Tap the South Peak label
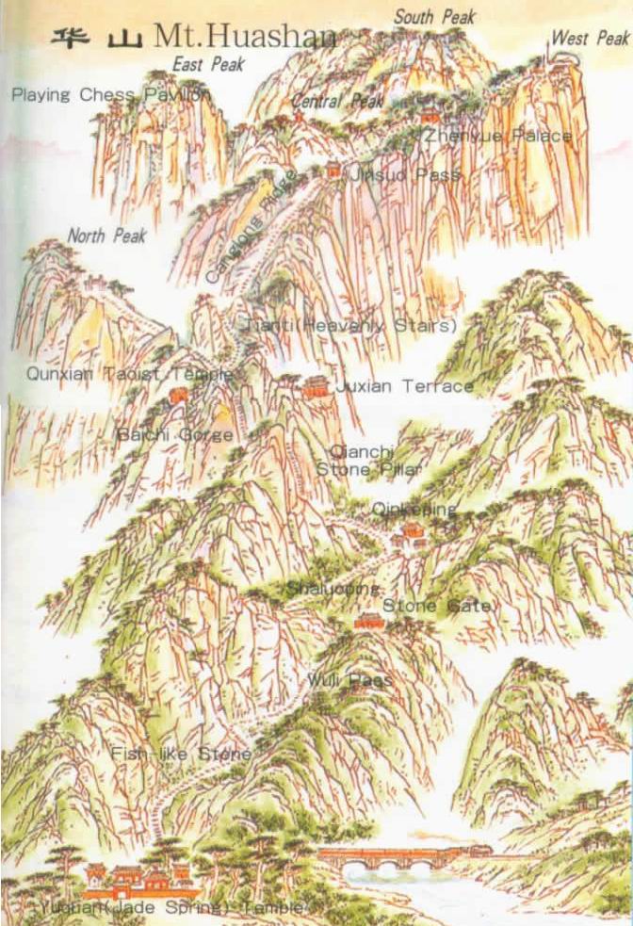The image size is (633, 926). click(434, 17)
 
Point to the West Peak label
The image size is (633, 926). click(590, 39)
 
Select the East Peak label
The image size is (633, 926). click(208, 65)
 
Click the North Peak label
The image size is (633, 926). click(106, 236)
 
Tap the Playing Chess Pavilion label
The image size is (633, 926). click(111, 95)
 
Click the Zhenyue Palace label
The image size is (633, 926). click(497, 137)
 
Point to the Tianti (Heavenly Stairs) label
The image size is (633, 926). click(350, 325)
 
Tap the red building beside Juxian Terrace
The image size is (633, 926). click(316, 386)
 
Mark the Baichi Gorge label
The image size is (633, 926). click(175, 435)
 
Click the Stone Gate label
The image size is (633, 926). click(436, 606)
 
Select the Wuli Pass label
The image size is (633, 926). click(349, 679)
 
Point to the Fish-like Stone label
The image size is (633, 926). click(181, 754)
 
